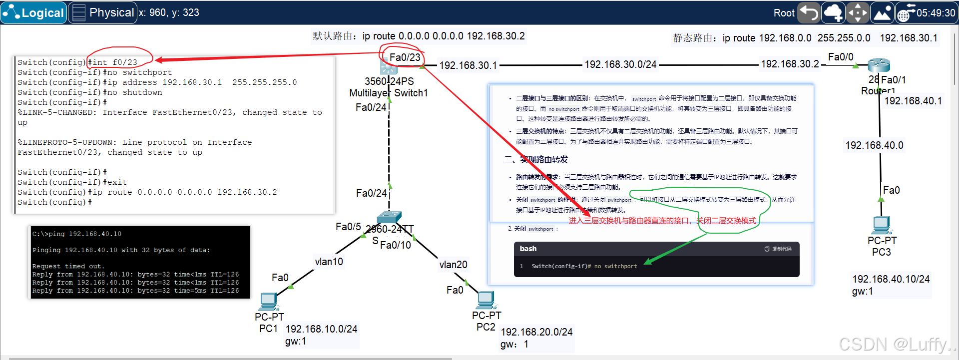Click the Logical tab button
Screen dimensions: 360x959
(x=33, y=13)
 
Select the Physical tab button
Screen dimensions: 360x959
(x=103, y=13)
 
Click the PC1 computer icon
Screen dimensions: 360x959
(x=269, y=301)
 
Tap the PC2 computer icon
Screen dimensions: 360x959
(x=485, y=300)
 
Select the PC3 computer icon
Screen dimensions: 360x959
(x=881, y=225)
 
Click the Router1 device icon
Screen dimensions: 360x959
(x=879, y=65)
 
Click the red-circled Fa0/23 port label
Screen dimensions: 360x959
(x=405, y=57)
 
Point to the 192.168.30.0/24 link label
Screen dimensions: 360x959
(x=620, y=64)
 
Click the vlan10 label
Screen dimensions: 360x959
(x=329, y=262)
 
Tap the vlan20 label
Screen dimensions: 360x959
(x=453, y=265)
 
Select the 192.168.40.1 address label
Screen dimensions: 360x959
(x=913, y=101)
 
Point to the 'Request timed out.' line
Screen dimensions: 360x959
(x=68, y=266)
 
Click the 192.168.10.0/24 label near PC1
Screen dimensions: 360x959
(x=321, y=329)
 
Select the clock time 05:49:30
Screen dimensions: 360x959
(x=936, y=13)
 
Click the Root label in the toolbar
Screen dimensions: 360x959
(x=784, y=13)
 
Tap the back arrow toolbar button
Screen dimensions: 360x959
(x=809, y=13)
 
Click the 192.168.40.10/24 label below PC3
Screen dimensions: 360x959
(x=891, y=279)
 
